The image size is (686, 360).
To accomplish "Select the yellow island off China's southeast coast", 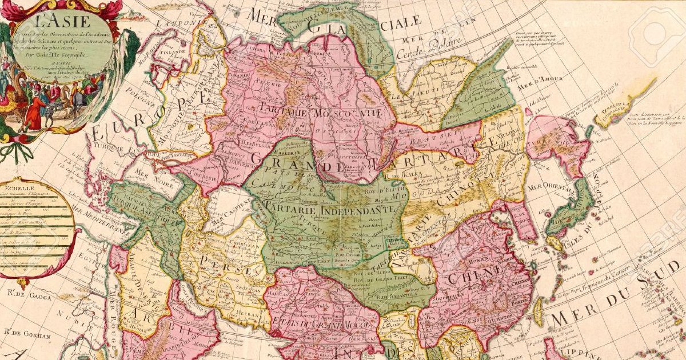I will (538, 309).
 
